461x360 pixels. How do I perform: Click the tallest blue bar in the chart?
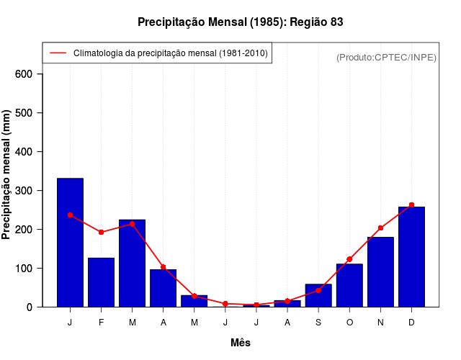click(x=70, y=242)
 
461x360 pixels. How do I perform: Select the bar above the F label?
click(x=101, y=282)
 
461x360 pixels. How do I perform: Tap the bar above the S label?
click(x=318, y=295)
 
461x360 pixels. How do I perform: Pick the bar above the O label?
click(x=349, y=285)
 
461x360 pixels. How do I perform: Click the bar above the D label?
click(x=411, y=256)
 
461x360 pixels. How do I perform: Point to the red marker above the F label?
click(x=101, y=232)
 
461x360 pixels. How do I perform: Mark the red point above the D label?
click(x=411, y=205)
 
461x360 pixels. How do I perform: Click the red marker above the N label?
click(x=380, y=228)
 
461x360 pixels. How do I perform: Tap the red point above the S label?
click(x=318, y=290)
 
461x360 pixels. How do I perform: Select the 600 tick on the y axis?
click(x=29, y=74)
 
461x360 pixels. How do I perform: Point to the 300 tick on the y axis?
click(x=29, y=191)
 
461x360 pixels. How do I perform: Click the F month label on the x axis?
click(x=101, y=323)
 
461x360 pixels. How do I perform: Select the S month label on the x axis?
click(x=318, y=323)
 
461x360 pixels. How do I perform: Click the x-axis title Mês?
click(x=241, y=343)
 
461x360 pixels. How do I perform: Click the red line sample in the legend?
click(x=58, y=53)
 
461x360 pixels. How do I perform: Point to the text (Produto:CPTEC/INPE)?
click(x=387, y=57)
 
